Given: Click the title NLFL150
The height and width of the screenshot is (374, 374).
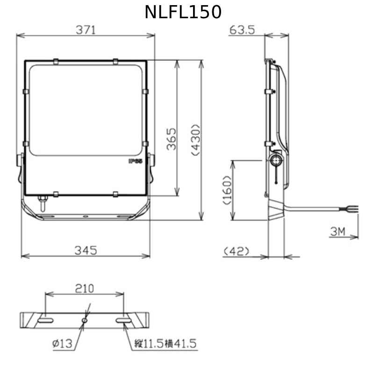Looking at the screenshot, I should (x=183, y=12).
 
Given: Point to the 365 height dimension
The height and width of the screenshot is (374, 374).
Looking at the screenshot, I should (x=172, y=139).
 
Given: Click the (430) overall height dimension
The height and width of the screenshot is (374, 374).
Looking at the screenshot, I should (x=196, y=139).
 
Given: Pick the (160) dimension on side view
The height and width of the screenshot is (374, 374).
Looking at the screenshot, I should (x=227, y=190).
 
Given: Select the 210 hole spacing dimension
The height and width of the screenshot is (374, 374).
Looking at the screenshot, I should (x=84, y=288).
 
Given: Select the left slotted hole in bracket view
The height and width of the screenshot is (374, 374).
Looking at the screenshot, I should (x=46, y=320).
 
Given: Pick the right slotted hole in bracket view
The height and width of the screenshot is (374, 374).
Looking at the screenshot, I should (x=124, y=320).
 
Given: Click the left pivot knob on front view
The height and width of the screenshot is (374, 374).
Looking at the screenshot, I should (x=21, y=161).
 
